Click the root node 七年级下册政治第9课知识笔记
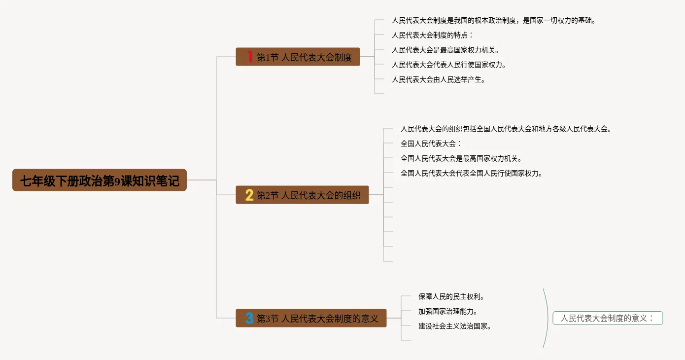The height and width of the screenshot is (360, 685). [x=100, y=180]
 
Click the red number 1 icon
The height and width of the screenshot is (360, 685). [x=250, y=57]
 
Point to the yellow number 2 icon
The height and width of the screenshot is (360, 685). [x=249, y=195]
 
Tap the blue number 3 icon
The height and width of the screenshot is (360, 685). [x=249, y=319]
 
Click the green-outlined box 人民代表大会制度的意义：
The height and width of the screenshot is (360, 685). [x=607, y=318]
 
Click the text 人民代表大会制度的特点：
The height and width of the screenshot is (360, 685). [x=432, y=36]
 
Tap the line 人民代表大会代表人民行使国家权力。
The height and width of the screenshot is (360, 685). [x=449, y=65]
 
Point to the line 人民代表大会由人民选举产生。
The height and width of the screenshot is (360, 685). [x=438, y=79]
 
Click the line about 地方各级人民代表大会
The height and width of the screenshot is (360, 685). [x=506, y=129]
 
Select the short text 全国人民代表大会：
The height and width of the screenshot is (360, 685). [x=431, y=144]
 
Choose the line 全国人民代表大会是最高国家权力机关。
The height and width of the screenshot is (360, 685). [x=461, y=159]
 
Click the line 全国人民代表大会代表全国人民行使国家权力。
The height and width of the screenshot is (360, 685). [x=472, y=174]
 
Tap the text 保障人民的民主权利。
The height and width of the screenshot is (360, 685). [x=451, y=297]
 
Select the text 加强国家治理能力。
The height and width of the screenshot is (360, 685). [x=447, y=312]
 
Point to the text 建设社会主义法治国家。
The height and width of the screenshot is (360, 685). [x=454, y=326]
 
